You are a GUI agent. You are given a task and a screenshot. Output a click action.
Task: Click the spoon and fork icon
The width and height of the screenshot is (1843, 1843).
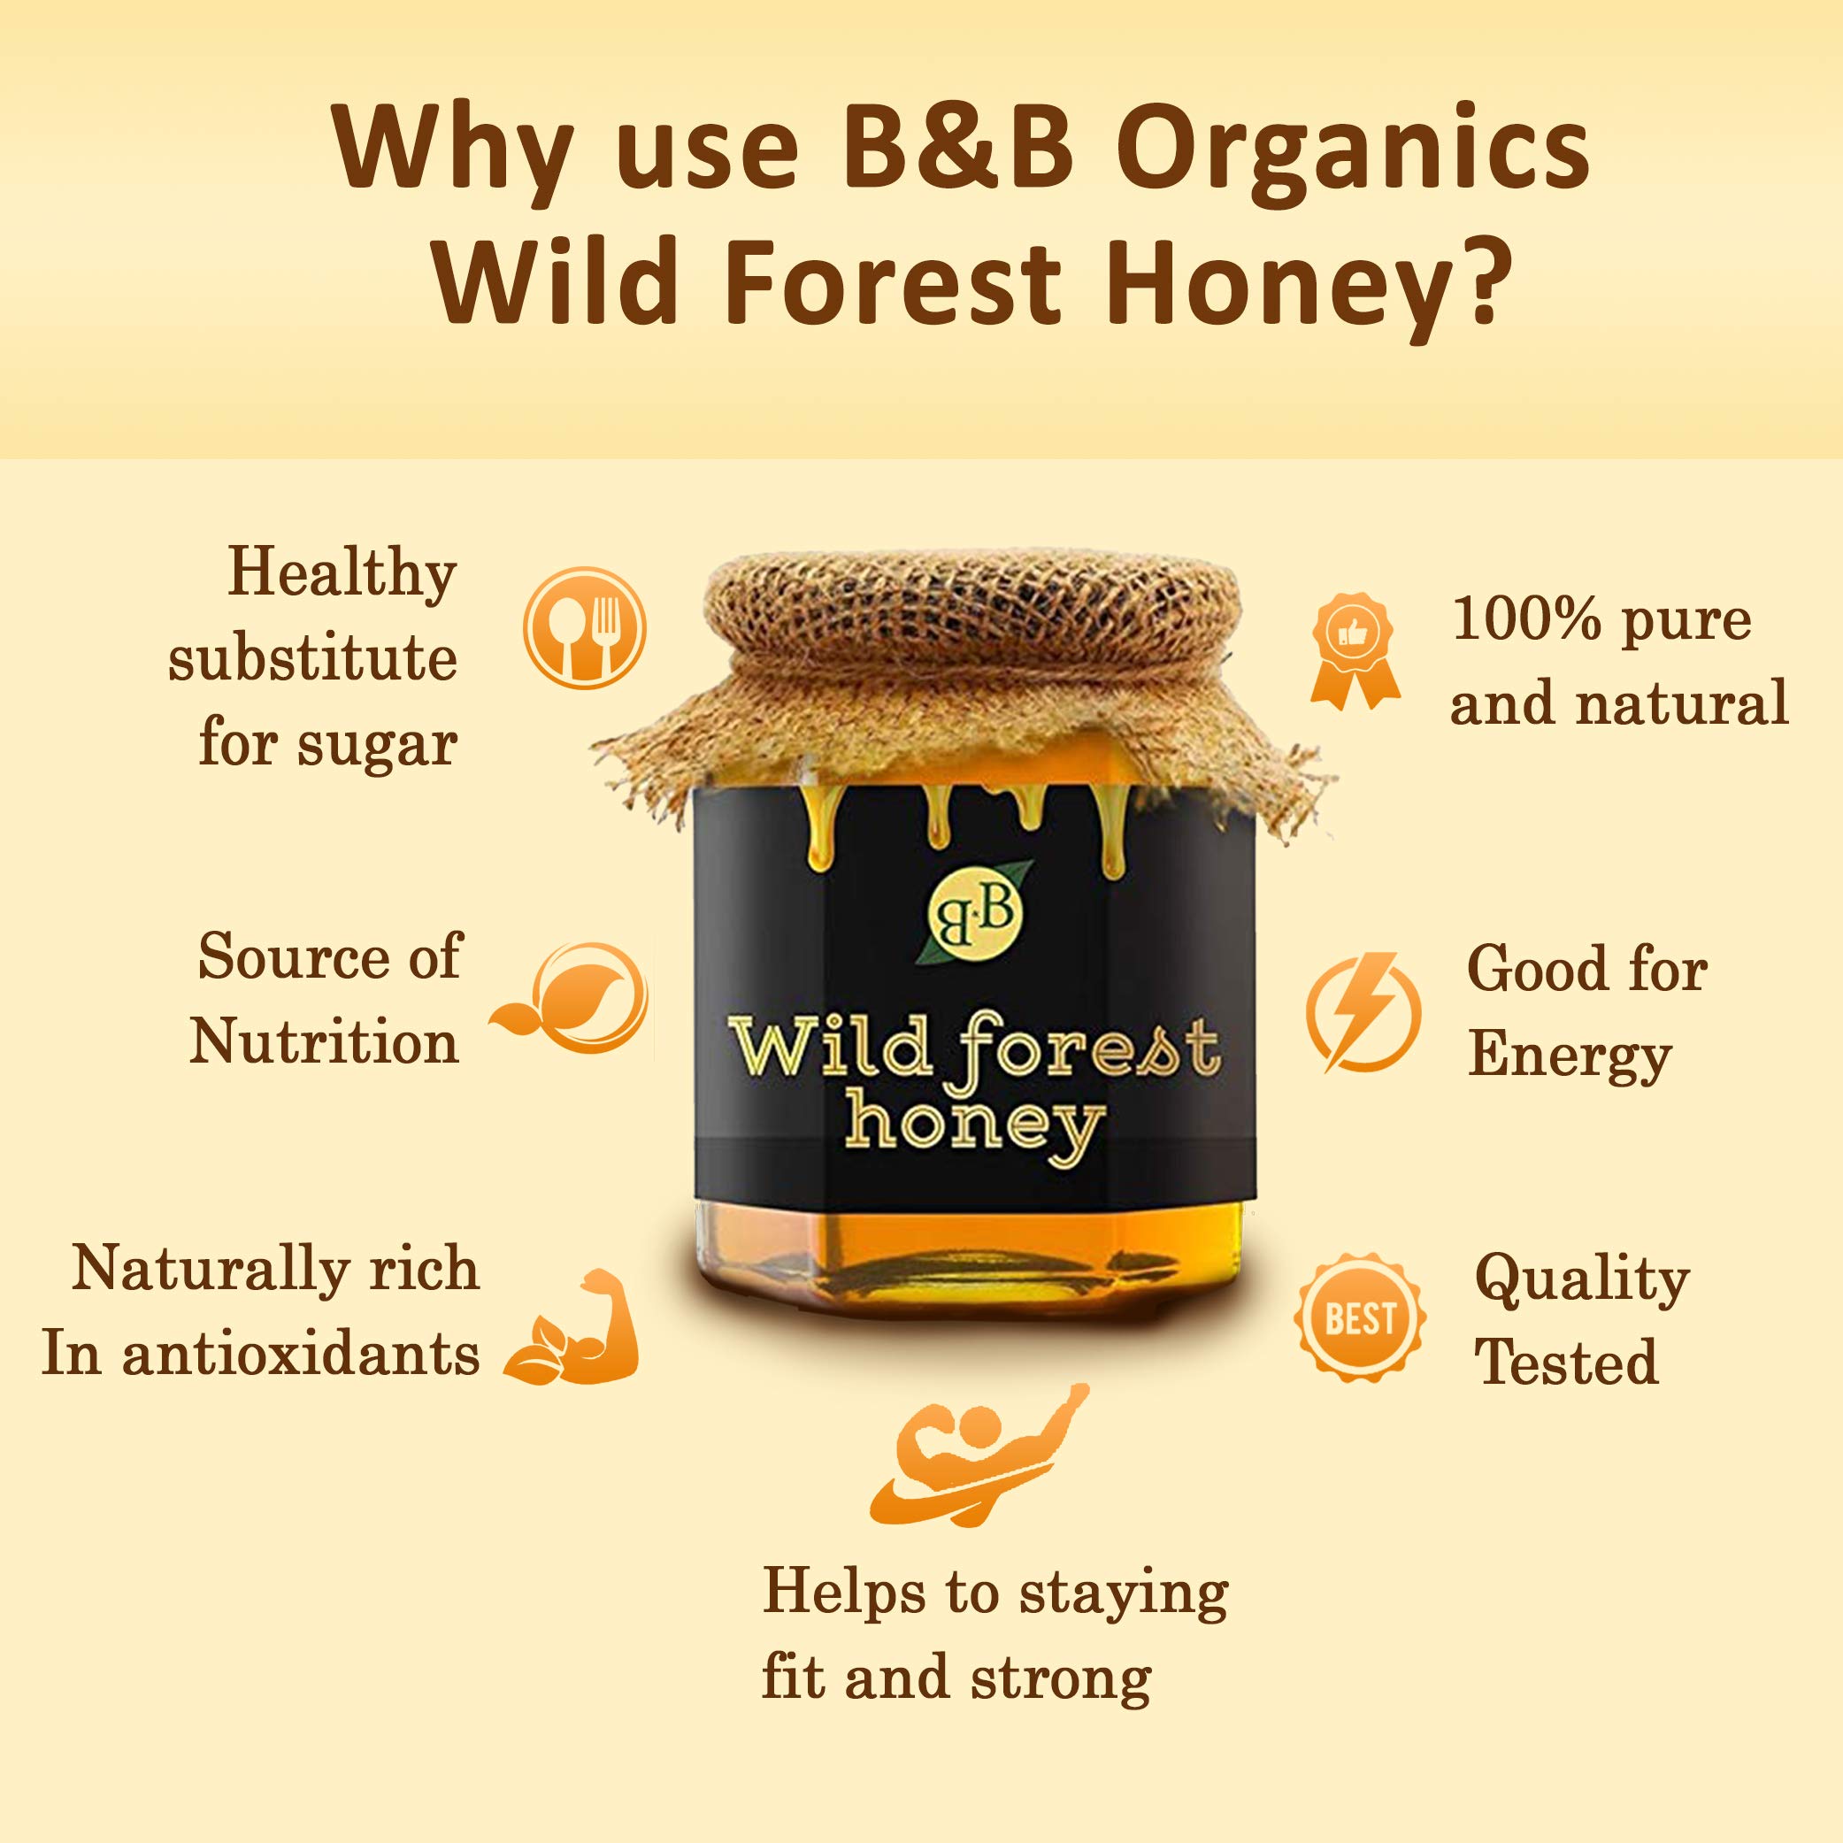click(x=585, y=629)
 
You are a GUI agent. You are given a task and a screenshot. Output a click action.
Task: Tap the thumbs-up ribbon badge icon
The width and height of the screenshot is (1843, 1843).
click(x=1355, y=650)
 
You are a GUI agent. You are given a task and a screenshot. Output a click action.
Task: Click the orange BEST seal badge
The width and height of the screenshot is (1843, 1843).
click(x=1360, y=1318)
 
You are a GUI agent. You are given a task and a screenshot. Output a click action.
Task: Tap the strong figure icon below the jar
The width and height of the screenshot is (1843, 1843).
click(x=978, y=1455)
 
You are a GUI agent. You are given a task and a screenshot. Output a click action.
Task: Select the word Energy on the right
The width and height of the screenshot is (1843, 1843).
click(x=1570, y=1058)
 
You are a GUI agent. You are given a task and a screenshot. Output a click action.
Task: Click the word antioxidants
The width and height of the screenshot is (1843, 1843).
click(x=301, y=1354)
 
